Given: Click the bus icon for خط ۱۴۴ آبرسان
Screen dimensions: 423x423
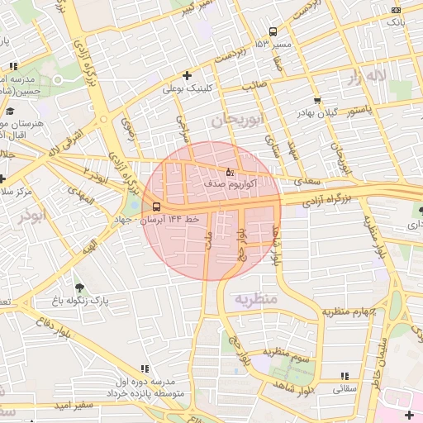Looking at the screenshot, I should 157,207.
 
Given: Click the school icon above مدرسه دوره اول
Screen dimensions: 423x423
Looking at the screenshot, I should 146,369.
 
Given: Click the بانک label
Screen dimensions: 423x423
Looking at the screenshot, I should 397,22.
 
